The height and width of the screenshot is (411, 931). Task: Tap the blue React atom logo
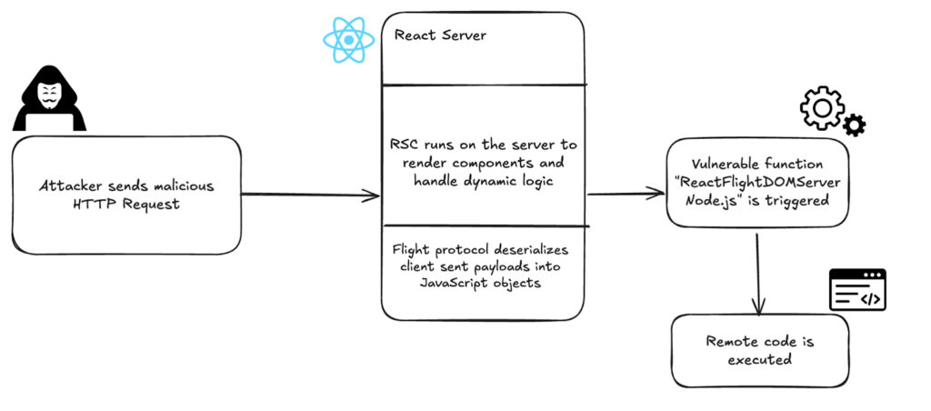(348, 40)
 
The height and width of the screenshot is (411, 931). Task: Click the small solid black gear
(855, 125)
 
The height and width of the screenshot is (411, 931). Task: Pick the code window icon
(856, 289)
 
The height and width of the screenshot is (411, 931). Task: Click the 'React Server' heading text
(440, 36)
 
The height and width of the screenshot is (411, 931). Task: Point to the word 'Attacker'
(72, 185)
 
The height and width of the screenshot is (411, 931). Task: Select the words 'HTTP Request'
(126, 204)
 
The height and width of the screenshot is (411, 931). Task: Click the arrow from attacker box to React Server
(309, 195)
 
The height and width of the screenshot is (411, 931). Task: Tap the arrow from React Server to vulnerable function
(627, 194)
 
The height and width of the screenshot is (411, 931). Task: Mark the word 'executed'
(758, 359)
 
